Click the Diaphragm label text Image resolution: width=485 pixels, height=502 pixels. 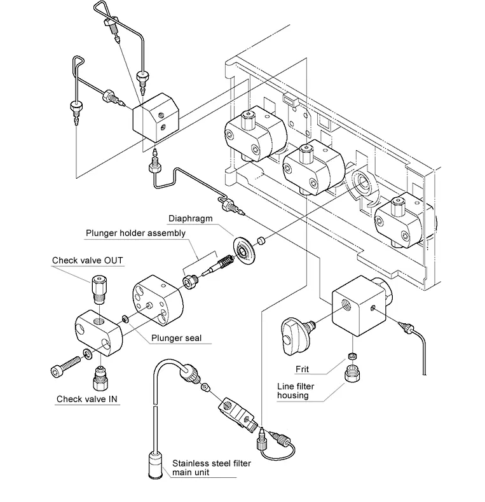coord(190,219)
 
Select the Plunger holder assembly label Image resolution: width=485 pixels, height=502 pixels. coord(135,233)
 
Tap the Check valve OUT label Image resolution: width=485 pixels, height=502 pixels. coord(87,260)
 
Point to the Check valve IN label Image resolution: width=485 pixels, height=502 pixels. coord(86,399)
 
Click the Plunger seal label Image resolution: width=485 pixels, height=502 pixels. coord(176,338)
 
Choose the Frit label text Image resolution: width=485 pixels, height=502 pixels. coord(302,369)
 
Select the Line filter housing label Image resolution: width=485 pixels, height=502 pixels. coord(296,391)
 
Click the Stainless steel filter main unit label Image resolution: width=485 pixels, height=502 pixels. coord(212,468)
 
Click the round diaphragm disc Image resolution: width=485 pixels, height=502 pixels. coord(245,251)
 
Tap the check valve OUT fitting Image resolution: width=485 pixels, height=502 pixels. coord(99,289)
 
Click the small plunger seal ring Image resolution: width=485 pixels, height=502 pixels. coord(125,319)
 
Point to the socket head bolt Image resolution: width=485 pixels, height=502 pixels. coord(65,367)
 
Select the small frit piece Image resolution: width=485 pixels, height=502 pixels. coord(352,356)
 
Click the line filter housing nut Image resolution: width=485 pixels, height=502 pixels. coord(352,373)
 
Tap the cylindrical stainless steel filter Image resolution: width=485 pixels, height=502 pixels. coord(156,464)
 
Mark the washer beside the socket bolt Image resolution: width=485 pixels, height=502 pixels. coord(87,354)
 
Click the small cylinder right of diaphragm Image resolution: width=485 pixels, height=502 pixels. coord(261,241)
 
